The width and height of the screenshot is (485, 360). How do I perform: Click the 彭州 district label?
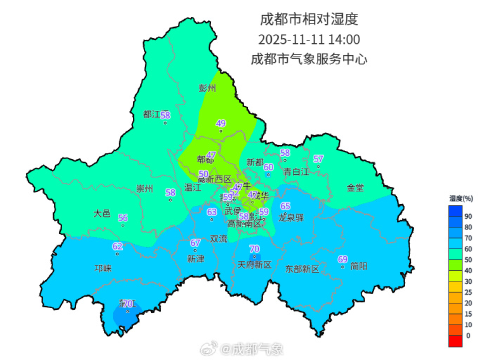[x=207, y=89]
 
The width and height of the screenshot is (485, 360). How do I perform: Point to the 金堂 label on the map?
[x=355, y=188]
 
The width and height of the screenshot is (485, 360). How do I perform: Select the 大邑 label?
[x=102, y=213]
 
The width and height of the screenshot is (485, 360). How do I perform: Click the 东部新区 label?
[x=302, y=269]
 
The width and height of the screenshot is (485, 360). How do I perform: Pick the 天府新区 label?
[x=254, y=265]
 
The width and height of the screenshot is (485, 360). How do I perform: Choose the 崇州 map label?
[x=145, y=188]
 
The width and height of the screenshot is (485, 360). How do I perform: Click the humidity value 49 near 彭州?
[x=221, y=124]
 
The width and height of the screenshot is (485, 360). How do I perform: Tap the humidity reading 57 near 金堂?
[x=318, y=159]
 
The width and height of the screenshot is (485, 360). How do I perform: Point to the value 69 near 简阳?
[x=343, y=259]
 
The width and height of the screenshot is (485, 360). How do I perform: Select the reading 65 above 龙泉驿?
[x=285, y=206]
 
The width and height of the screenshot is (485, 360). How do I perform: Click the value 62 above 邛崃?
[x=117, y=246]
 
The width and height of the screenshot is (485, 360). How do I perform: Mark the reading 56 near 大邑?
[x=123, y=218]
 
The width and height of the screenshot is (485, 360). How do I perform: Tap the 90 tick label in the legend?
[x=468, y=217]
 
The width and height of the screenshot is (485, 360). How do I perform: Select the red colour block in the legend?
[x=455, y=340]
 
